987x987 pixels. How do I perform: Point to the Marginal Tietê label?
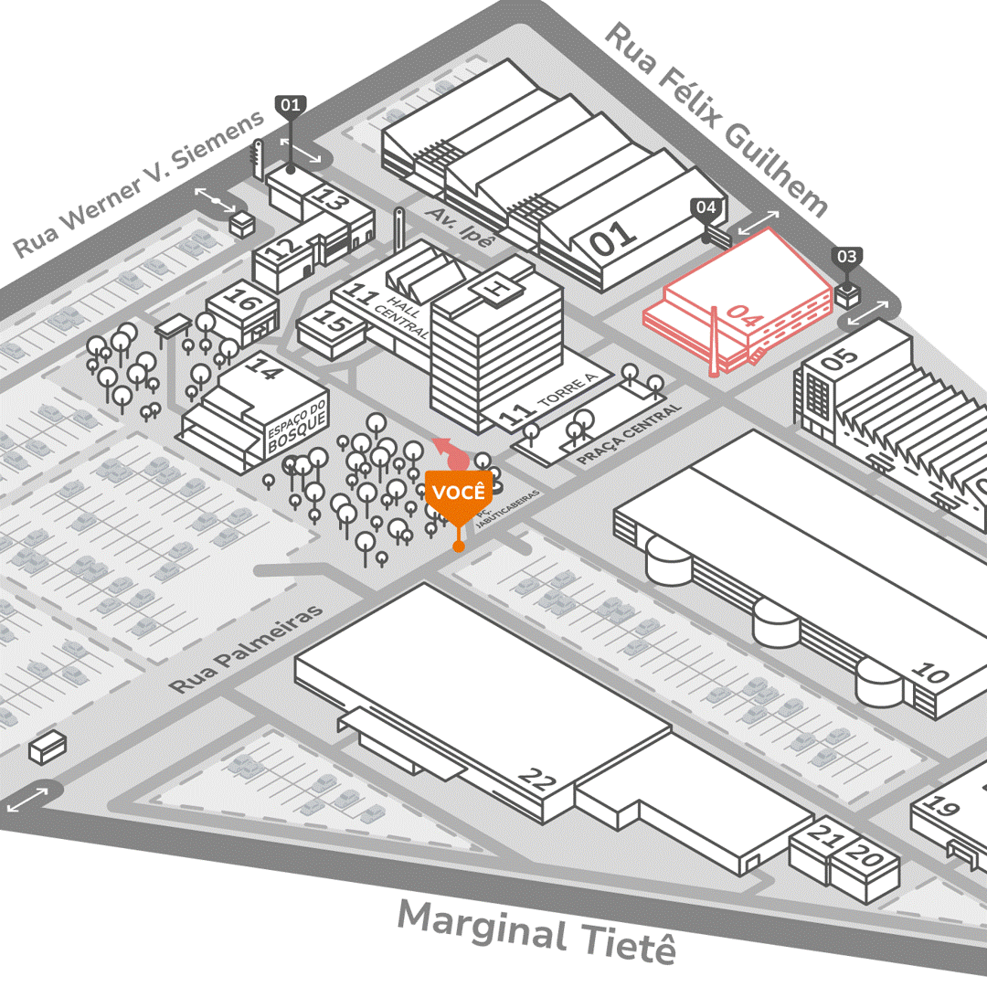click(537, 929)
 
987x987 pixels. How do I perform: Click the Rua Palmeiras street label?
click(247, 648)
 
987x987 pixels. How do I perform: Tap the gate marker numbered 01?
click(291, 106)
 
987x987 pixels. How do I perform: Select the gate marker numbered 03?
click(847, 257)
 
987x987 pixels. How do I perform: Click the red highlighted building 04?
click(731, 302)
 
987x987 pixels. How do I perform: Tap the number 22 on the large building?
click(537, 779)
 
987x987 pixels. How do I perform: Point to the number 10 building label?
click(930, 674)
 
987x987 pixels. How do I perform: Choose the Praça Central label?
click(630, 434)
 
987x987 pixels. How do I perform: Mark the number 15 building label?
click(336, 324)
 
